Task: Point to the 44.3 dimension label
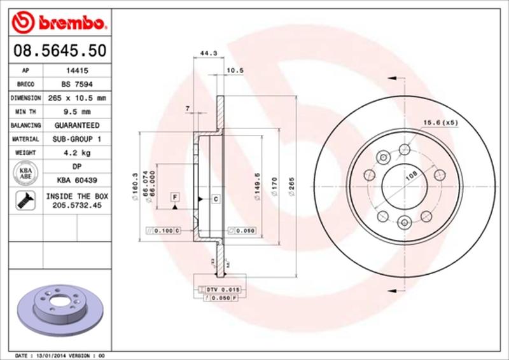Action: pos(204,53)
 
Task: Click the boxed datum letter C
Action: pos(216,200)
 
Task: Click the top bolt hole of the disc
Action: pos(405,149)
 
